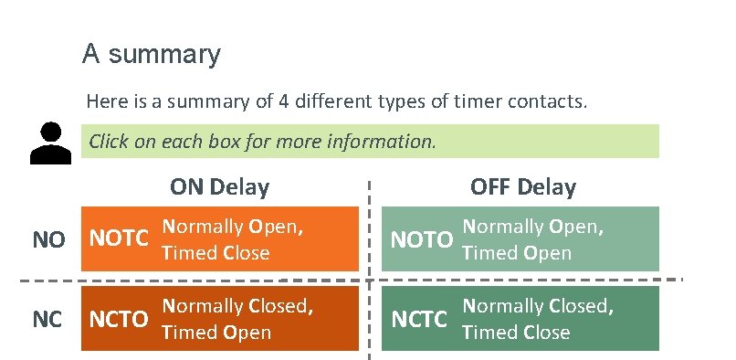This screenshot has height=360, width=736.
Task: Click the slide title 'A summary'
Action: (x=151, y=54)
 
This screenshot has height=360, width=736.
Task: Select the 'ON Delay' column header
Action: (x=219, y=187)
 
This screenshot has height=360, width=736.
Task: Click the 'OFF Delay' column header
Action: (x=523, y=187)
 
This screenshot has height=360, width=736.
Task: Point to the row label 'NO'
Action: (x=49, y=240)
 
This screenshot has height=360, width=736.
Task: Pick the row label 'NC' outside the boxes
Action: (x=48, y=319)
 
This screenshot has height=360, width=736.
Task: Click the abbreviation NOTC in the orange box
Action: (x=118, y=239)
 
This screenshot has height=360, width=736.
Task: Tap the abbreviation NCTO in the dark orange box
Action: (x=118, y=319)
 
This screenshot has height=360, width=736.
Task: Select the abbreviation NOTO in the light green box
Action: (x=421, y=240)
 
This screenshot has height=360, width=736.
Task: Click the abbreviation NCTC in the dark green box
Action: (x=421, y=319)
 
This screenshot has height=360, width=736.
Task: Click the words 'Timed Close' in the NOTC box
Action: (x=216, y=253)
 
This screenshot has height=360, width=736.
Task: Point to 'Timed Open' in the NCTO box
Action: (x=216, y=332)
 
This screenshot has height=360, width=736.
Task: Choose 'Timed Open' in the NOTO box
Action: (x=517, y=253)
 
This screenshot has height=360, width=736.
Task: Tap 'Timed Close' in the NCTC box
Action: (x=517, y=332)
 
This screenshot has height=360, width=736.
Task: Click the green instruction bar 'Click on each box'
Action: (x=370, y=142)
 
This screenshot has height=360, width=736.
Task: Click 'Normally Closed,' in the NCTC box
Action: (x=537, y=306)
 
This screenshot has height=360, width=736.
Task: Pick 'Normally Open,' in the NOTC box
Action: (x=232, y=227)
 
